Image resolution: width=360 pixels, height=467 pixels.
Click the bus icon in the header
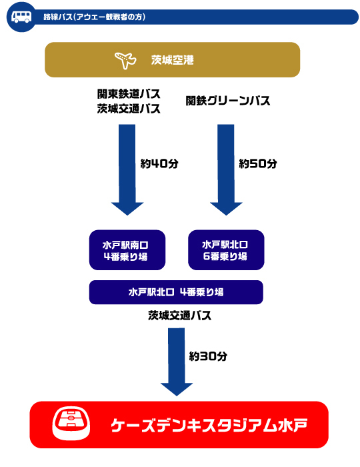click(x=21, y=17)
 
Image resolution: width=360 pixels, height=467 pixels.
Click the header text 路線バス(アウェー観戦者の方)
click(x=94, y=17)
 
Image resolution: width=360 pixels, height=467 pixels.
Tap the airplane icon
click(x=125, y=61)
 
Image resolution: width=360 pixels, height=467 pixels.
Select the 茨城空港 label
click(x=172, y=60)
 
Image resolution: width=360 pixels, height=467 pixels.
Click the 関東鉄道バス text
click(x=129, y=94)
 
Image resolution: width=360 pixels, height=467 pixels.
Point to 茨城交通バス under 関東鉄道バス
click(x=129, y=108)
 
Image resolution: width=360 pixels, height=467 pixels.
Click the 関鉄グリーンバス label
click(x=227, y=101)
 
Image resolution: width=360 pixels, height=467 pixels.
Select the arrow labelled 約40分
click(x=127, y=169)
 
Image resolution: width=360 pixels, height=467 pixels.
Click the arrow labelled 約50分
click(x=226, y=169)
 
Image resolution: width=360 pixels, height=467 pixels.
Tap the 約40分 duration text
click(x=159, y=163)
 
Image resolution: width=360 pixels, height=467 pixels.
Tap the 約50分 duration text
click(x=258, y=163)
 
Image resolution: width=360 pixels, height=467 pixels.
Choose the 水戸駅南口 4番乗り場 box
click(x=127, y=250)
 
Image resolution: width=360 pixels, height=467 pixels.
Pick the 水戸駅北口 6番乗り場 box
click(x=226, y=250)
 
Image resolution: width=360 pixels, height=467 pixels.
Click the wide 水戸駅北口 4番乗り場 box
click(x=176, y=292)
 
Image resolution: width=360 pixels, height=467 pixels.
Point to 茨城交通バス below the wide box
click(x=180, y=316)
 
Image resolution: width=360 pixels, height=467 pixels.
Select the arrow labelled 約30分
click(x=177, y=362)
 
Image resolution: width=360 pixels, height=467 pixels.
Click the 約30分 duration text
click(x=208, y=356)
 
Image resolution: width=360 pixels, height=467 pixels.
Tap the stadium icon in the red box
click(x=71, y=424)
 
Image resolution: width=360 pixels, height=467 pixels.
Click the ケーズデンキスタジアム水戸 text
click(x=209, y=425)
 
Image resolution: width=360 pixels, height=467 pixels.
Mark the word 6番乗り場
click(x=225, y=256)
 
